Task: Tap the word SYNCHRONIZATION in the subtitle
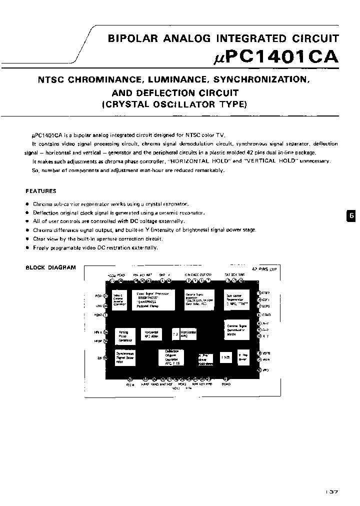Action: pyautogui.click(x=261, y=79)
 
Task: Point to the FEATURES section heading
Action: pyautogui.click(x=41, y=191)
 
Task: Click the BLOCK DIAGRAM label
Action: pyautogui.click(x=50, y=267)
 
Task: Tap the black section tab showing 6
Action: pyautogui.click(x=351, y=215)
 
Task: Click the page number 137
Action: pyautogui.click(x=331, y=492)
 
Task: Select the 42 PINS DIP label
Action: pyautogui.click(x=264, y=268)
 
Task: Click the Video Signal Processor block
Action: pyautogui.click(x=154, y=299)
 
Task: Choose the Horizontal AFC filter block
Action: pyautogui.click(x=152, y=334)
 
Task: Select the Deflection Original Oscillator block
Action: pyautogui.click(x=172, y=357)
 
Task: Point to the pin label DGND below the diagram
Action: pyautogui.click(x=226, y=384)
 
